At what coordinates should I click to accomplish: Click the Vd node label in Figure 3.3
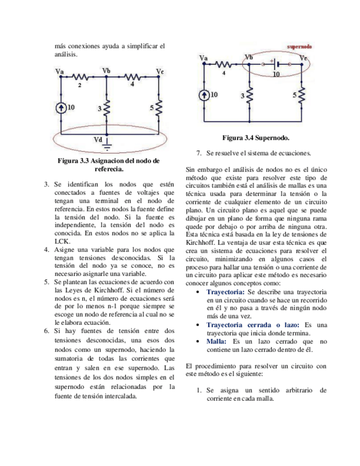(x=98, y=140)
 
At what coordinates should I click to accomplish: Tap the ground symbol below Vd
(x=108, y=146)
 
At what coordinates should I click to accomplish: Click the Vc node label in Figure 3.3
(x=159, y=71)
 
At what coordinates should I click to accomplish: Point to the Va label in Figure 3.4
(x=204, y=57)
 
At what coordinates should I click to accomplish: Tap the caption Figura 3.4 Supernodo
(x=256, y=137)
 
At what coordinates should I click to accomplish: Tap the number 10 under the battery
(x=276, y=73)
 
